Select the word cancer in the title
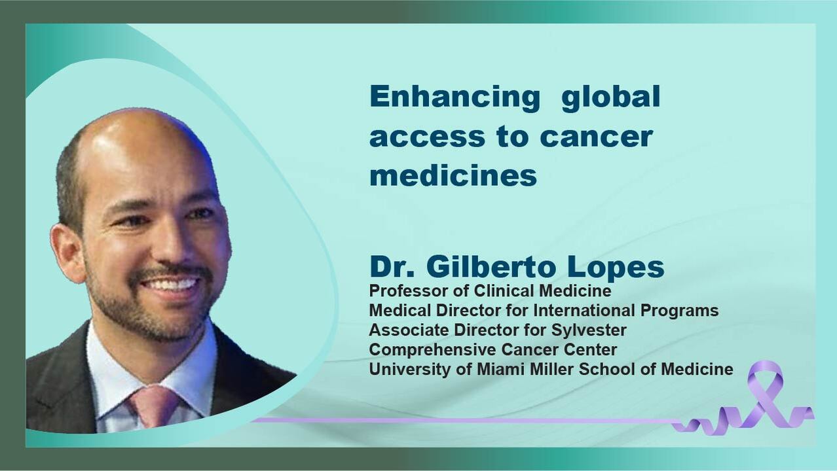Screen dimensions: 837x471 coord(596,137)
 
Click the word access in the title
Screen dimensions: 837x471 coord(427,137)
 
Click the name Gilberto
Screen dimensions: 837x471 coord(491,266)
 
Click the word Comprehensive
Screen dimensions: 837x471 coord(432,350)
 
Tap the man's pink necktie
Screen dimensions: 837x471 coord(154,406)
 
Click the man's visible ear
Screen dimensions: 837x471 coord(67,253)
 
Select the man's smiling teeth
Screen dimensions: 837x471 coord(172,285)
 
